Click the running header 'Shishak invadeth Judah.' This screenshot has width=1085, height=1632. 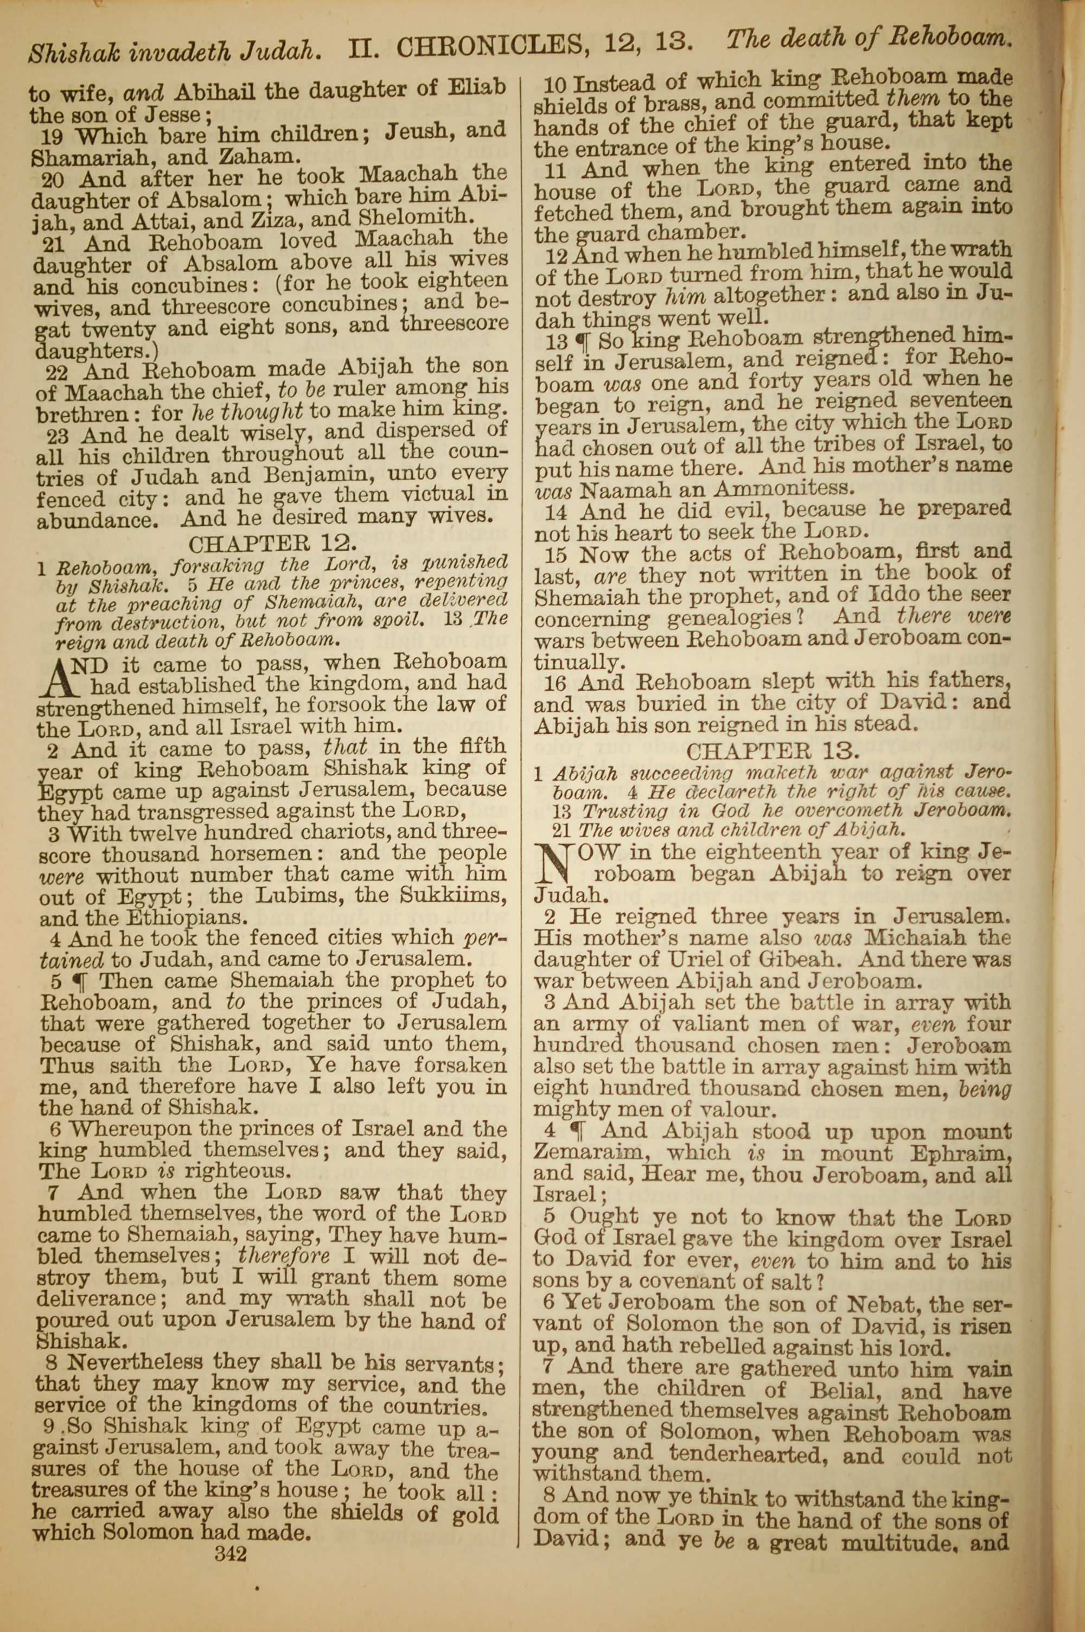tap(174, 49)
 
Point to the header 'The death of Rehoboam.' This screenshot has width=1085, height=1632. tap(865, 42)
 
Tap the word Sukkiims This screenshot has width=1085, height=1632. tap(452, 895)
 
